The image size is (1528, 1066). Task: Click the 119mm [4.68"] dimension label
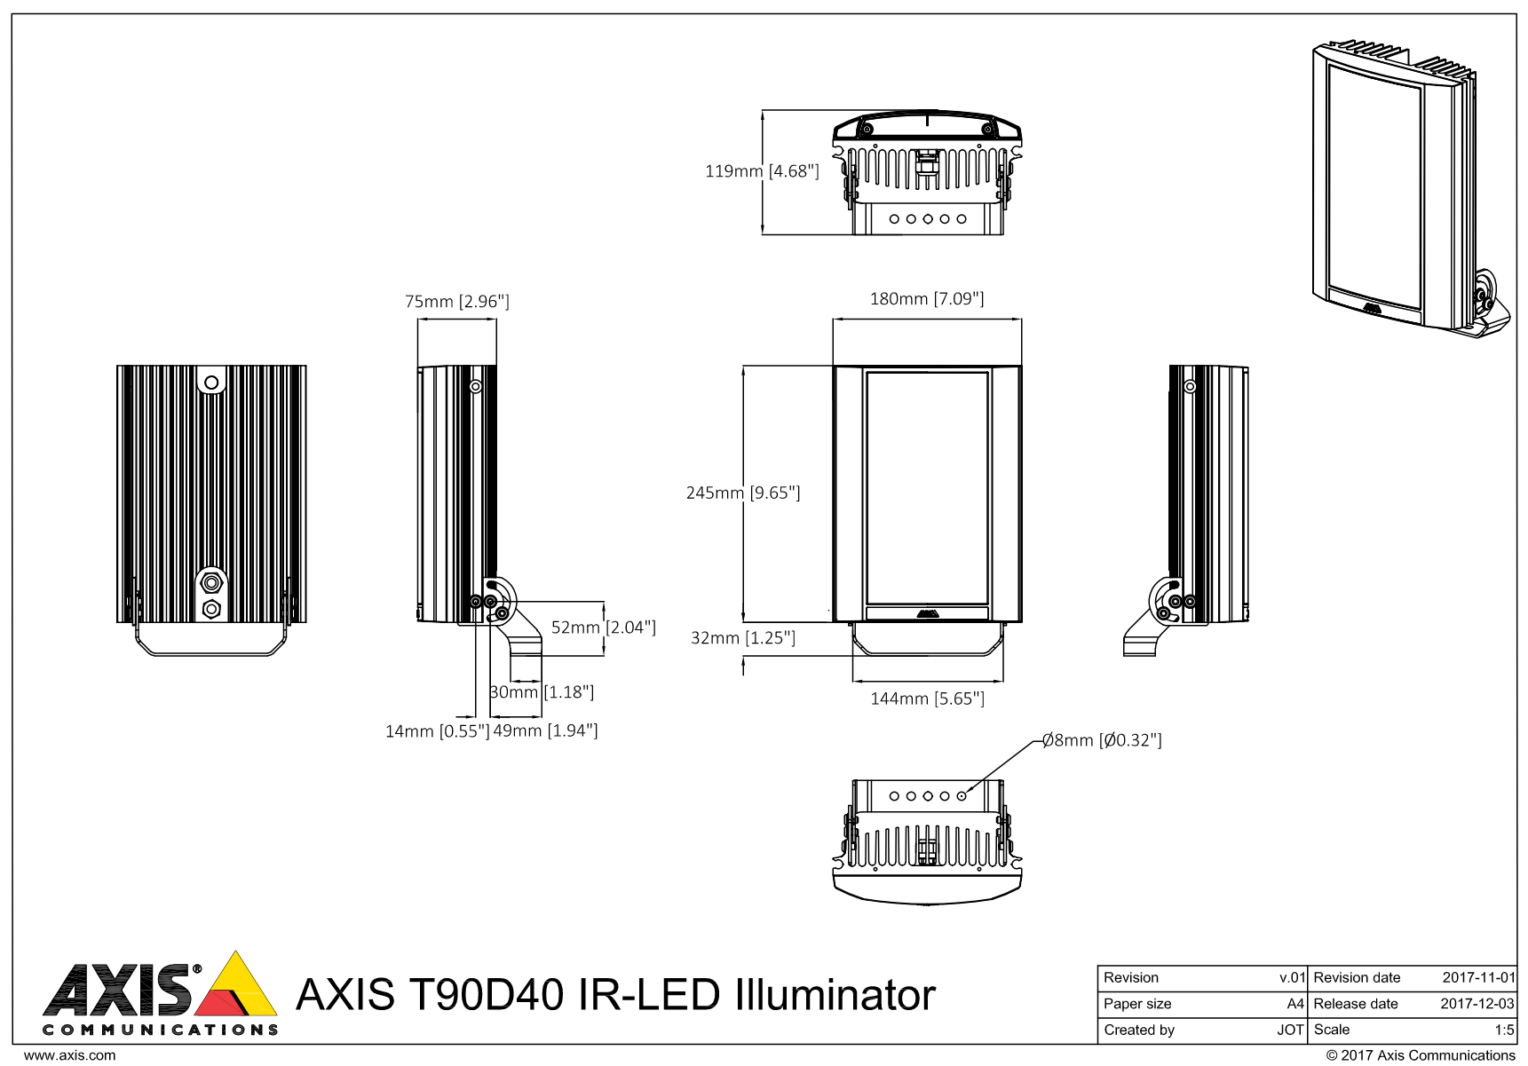(762, 171)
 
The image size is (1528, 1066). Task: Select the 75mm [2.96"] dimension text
(457, 302)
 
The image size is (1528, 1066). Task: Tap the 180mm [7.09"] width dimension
(926, 299)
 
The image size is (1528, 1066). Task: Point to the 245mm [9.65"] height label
(743, 493)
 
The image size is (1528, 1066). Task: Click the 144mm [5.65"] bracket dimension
(927, 699)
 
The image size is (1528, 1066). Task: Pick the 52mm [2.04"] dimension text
(604, 628)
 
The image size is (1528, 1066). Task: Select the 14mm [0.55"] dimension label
(437, 731)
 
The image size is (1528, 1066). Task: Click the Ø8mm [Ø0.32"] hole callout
(1102, 740)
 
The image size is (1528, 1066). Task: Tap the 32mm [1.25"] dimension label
(743, 638)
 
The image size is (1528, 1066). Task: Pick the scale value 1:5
(1504, 1030)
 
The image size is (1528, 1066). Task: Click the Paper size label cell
(1137, 1005)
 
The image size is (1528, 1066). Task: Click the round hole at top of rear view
(211, 383)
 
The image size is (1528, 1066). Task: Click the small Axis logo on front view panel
(927, 612)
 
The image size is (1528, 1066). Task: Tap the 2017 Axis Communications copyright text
(1421, 1056)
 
